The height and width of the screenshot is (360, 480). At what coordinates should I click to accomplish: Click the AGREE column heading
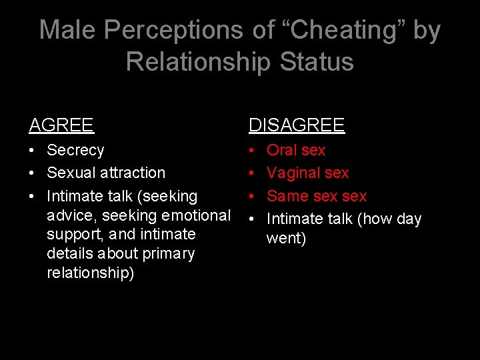[x=61, y=125]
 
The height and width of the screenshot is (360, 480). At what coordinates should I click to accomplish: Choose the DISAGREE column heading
[x=297, y=125]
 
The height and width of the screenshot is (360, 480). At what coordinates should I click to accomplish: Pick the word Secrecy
[x=75, y=150]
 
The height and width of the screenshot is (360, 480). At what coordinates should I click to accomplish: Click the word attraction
[x=134, y=173]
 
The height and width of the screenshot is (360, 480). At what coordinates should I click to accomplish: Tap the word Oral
[x=283, y=150]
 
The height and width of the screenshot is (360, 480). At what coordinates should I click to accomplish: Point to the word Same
[x=287, y=196]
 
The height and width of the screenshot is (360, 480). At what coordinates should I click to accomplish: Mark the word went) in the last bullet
[x=286, y=238]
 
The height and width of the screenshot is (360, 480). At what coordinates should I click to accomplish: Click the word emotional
[x=197, y=215]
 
